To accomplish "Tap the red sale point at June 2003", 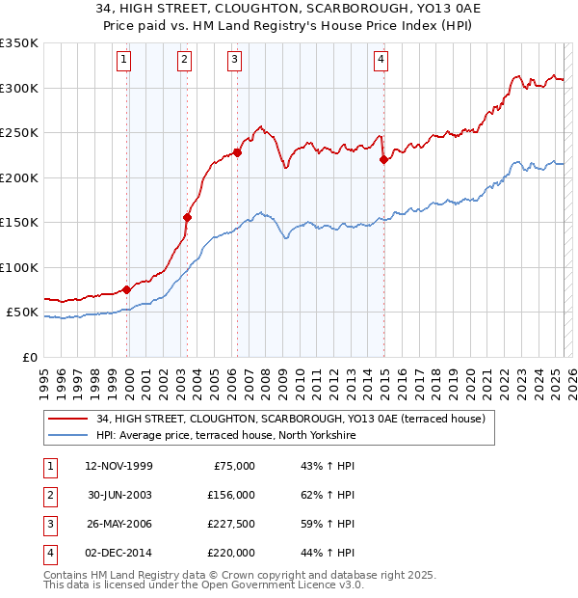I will click(x=187, y=217).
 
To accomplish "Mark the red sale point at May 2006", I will click(x=237, y=152).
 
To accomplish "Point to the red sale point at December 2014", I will click(x=383, y=160).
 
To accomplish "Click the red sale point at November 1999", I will click(x=127, y=289).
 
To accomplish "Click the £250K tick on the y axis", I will click(x=19, y=133).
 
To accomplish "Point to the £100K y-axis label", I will click(x=19, y=268).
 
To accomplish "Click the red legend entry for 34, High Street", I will click(x=294, y=419).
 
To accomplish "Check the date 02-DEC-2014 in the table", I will click(x=118, y=553).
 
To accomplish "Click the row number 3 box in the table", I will click(x=48, y=524).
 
